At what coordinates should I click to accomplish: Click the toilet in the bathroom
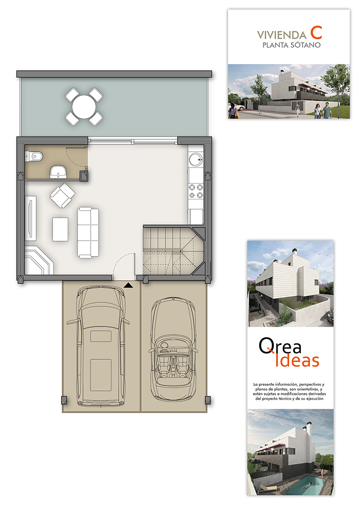point(34,157)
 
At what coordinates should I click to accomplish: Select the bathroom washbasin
point(58,172)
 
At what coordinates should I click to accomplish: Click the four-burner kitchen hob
point(196,191)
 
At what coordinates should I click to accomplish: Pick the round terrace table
point(84,107)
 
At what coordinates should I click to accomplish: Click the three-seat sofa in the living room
point(88,233)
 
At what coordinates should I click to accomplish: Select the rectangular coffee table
point(61,229)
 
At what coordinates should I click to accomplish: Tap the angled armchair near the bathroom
point(62,195)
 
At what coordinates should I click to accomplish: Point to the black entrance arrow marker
point(128,286)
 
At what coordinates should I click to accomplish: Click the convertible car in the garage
point(173,349)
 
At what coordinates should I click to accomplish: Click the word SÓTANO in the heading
point(306,45)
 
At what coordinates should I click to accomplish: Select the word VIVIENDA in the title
point(282,35)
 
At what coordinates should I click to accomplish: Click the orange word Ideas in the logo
point(297,360)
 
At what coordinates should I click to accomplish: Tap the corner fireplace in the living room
point(39,261)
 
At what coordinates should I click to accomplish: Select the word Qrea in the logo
point(280,346)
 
